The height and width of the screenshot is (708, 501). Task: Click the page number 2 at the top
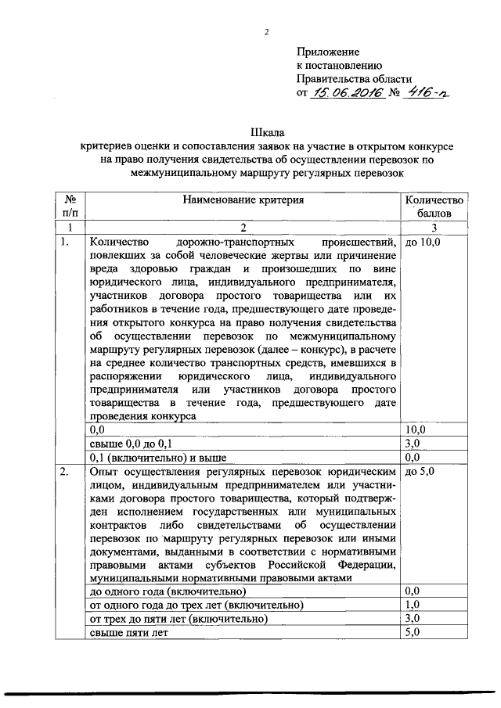(x=266, y=32)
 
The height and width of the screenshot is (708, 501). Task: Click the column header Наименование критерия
(x=243, y=200)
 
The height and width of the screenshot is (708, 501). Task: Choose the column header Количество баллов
(x=434, y=207)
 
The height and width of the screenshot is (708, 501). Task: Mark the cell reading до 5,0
(x=421, y=472)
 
